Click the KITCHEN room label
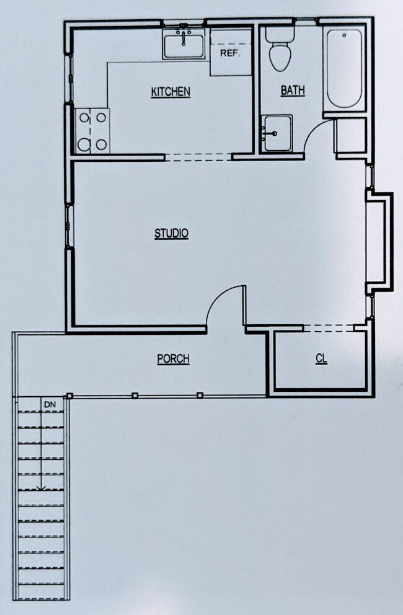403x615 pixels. tap(170, 92)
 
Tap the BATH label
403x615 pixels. tap(293, 91)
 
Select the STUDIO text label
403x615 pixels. tap(171, 234)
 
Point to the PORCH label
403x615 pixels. tap(173, 358)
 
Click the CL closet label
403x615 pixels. tap(321, 359)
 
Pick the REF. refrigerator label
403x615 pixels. tap(229, 53)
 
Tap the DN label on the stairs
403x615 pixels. tap(50, 405)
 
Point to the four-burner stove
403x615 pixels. tap(92, 131)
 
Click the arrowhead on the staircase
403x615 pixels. tap(41, 488)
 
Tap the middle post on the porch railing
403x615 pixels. tap(135, 395)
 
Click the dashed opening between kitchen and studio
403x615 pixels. tap(198, 157)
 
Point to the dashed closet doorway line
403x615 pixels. tap(329, 327)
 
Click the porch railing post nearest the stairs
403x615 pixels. tap(69, 396)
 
